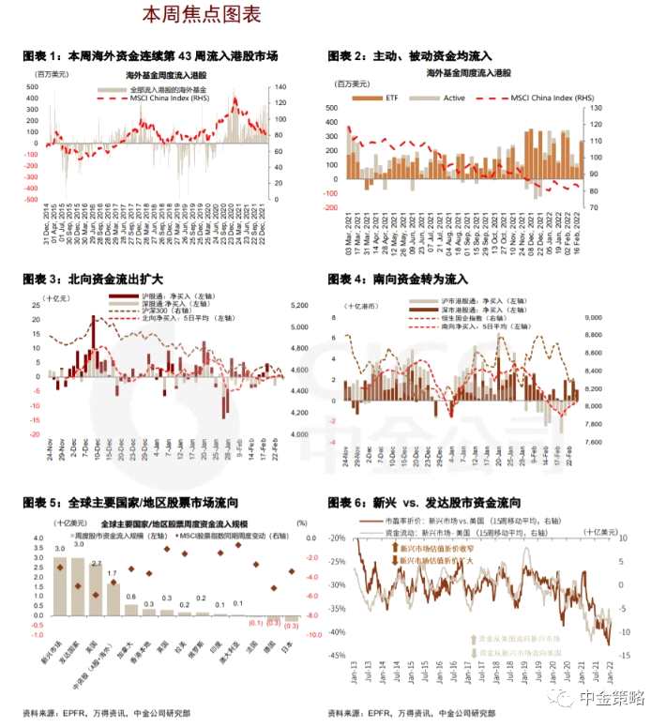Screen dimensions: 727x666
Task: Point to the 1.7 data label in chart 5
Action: tap(113, 573)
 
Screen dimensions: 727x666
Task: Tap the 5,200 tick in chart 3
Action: tap(299, 307)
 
